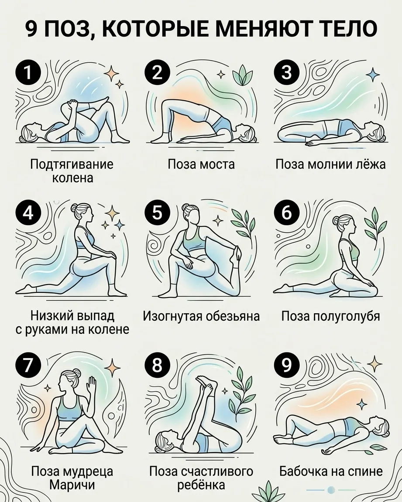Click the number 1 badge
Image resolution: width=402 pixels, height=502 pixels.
(x=28, y=73)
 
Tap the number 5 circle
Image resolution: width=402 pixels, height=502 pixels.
(x=157, y=213)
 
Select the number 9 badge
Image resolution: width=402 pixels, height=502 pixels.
(x=287, y=365)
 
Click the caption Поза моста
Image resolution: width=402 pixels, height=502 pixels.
(x=201, y=164)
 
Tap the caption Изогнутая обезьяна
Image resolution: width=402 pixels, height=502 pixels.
(x=201, y=316)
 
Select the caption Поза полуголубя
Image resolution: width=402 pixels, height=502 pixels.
(x=330, y=316)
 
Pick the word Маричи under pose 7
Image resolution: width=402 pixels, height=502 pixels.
(x=72, y=485)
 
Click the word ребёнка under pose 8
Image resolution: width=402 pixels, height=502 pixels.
(x=201, y=485)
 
